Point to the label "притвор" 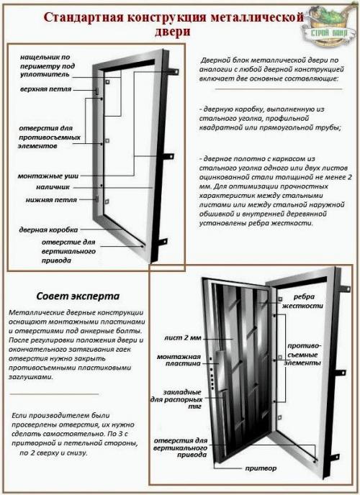(x=259, y=468)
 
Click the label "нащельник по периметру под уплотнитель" (x=45, y=65)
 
